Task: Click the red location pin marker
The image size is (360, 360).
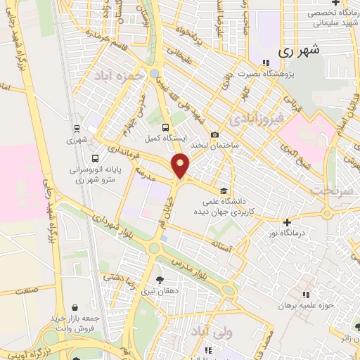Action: [181, 166]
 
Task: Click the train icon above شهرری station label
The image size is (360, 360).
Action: [76, 129]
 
